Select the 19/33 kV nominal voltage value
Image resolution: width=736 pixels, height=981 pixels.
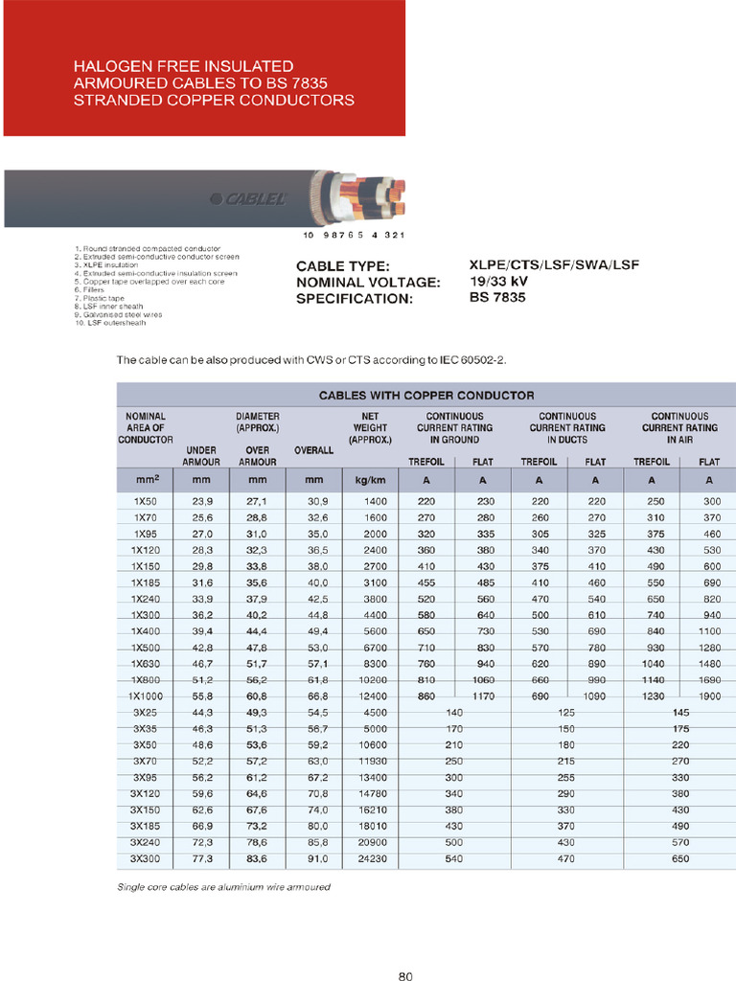pyautogui.click(x=498, y=283)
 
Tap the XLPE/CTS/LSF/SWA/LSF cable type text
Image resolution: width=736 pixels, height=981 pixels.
pyautogui.click(x=554, y=265)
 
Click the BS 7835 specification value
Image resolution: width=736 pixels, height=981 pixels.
pyautogui.click(x=497, y=299)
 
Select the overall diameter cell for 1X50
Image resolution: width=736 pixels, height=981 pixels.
pyautogui.click(x=317, y=502)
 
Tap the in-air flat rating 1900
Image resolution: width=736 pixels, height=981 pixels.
pyautogui.click(x=710, y=697)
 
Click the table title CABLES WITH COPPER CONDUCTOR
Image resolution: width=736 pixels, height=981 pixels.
pyautogui.click(x=426, y=395)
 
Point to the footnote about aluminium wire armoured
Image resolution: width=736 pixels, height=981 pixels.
pyautogui.click(x=223, y=887)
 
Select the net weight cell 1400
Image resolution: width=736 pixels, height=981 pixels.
pyautogui.click(x=374, y=502)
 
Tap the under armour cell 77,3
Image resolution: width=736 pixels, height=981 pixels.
pyautogui.click(x=202, y=859)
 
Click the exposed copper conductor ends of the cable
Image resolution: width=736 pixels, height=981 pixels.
pyautogui.click(x=400, y=196)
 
